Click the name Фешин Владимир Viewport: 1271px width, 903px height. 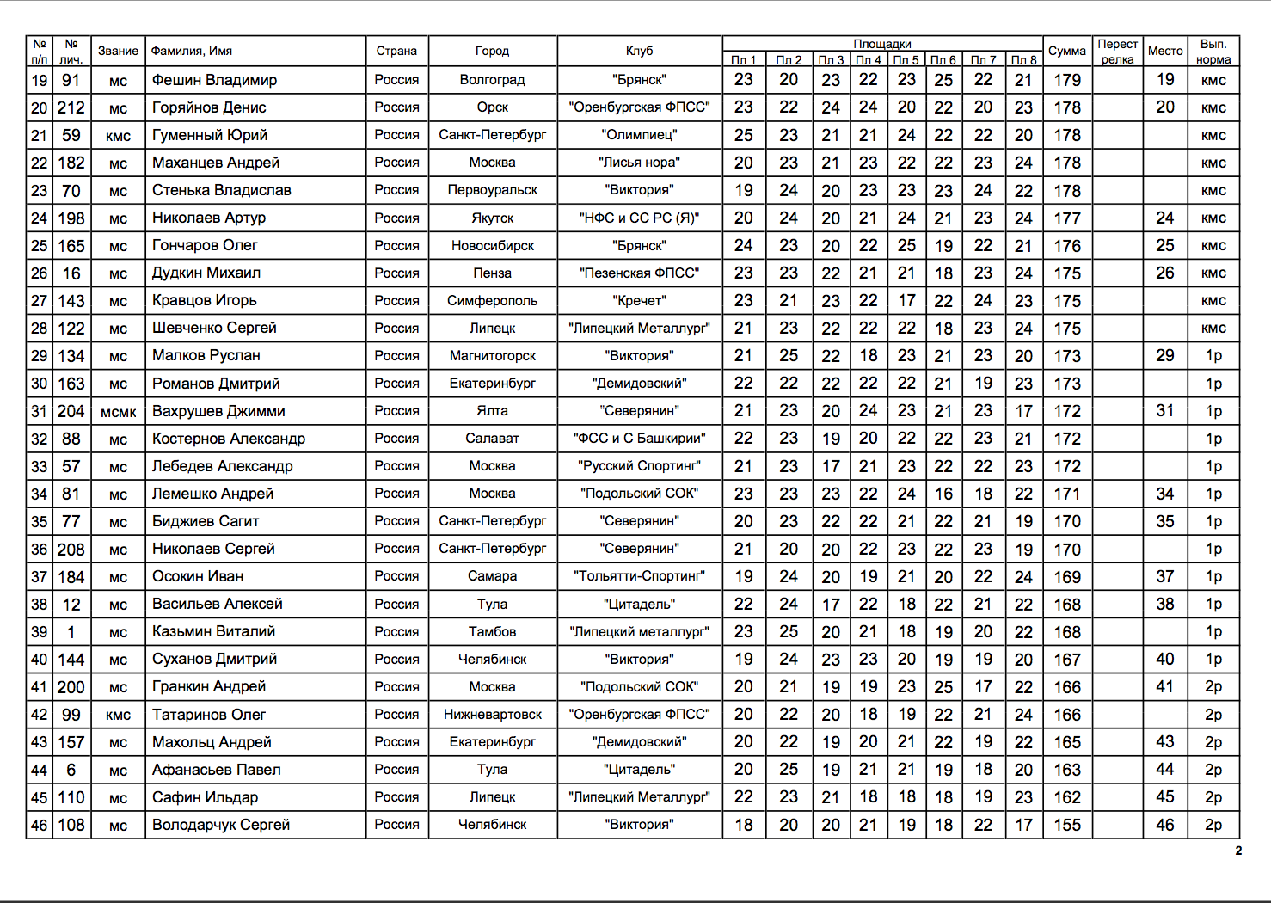pos(214,80)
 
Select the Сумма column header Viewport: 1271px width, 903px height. pos(1066,51)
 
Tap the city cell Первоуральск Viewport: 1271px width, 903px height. pos(492,190)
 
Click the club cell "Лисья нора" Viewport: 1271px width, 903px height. pos(639,163)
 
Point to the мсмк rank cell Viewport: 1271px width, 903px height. pos(118,412)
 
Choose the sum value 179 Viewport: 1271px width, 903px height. pos(1066,80)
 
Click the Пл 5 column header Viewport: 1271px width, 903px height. pos(906,60)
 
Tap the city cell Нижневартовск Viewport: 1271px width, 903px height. pos(492,715)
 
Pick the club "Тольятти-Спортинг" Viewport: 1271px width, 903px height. pos(639,576)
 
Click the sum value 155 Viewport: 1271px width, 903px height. pos(1066,825)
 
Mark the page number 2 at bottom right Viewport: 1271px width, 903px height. pos(1238,851)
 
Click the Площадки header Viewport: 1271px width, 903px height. pos(882,44)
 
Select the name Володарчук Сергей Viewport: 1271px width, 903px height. pos(221,825)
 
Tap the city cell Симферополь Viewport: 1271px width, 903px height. pos(492,301)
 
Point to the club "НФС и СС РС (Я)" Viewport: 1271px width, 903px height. pos(639,218)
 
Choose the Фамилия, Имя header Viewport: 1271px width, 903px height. pos(192,51)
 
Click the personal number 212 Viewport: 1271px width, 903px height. pos(71,107)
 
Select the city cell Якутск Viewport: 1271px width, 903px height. pos(492,218)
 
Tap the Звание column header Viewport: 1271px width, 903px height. pos(118,51)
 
